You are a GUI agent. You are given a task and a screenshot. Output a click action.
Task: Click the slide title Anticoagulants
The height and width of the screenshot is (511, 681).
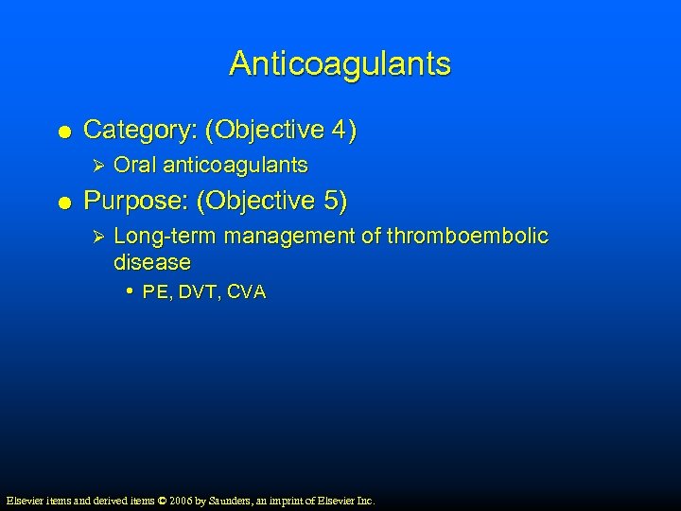(340, 64)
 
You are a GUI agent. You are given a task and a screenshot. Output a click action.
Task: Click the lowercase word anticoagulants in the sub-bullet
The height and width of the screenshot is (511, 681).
(236, 166)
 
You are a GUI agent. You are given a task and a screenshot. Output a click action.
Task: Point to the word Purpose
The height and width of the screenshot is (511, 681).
(127, 202)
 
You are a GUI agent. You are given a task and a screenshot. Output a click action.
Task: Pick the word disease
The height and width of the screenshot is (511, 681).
(151, 261)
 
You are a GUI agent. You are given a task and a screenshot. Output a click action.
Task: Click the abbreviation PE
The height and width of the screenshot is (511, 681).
(155, 293)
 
